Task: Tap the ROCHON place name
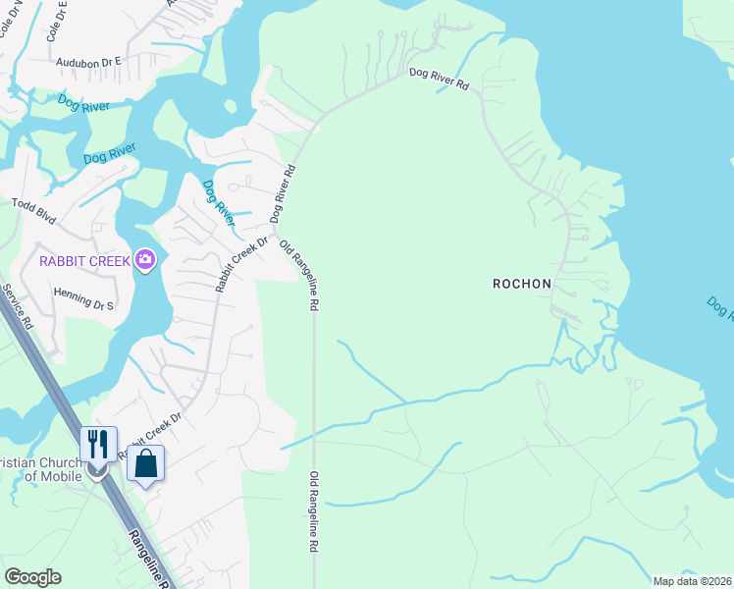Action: (x=522, y=284)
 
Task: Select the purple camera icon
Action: (x=146, y=260)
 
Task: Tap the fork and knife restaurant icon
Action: (x=98, y=444)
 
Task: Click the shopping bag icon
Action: (x=146, y=463)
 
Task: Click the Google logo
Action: (x=32, y=577)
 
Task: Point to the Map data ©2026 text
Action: (x=692, y=581)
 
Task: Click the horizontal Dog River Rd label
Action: (x=439, y=80)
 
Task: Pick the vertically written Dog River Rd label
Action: (x=284, y=192)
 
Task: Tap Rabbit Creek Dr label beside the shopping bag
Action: (x=149, y=436)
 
